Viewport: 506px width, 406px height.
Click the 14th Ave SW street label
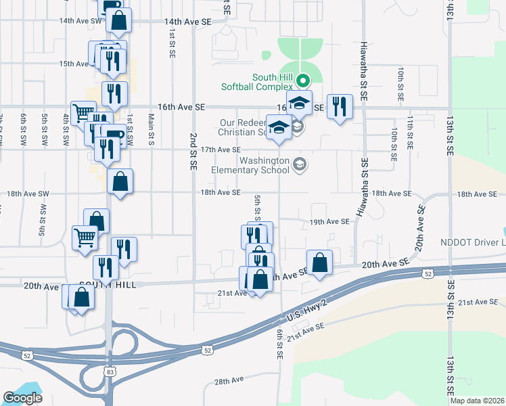80,21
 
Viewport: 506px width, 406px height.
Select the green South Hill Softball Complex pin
304,78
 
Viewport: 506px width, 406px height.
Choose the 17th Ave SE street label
221,150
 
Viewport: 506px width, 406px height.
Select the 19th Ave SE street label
329,221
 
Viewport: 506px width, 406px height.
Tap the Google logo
22,398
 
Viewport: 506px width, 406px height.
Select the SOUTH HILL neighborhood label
108,285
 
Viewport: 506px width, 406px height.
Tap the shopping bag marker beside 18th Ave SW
120,182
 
